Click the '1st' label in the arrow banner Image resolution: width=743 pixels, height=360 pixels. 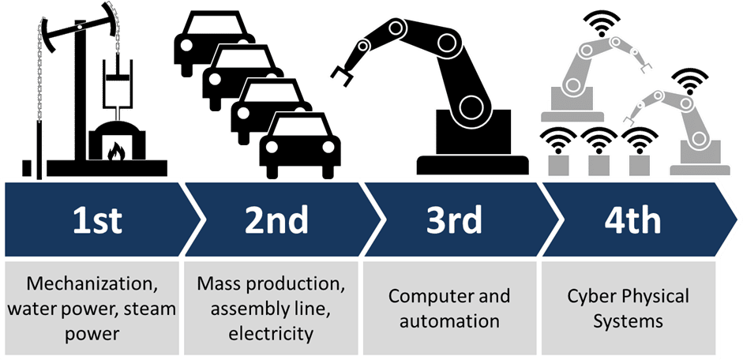pyautogui.click(x=97, y=221)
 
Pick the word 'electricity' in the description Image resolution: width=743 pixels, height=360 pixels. pyautogui.click(x=271, y=334)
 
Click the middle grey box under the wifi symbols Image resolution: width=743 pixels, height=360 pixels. pyautogui.click(x=598, y=163)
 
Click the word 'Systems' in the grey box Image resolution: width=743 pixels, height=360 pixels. pyautogui.click(x=629, y=322)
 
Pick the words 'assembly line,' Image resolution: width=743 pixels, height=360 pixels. pyautogui.click(x=271, y=309)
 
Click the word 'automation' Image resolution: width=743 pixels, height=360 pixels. pyautogui.click(x=448, y=322)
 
